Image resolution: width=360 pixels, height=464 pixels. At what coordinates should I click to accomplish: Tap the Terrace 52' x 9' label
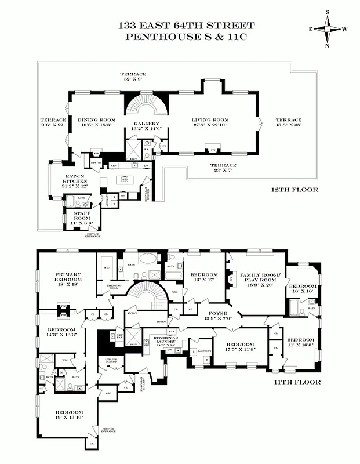[x=133, y=77]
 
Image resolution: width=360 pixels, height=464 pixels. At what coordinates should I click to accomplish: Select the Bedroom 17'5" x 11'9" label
[x=241, y=346]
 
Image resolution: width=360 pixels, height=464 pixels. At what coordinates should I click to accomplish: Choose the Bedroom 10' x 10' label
[x=303, y=289]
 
